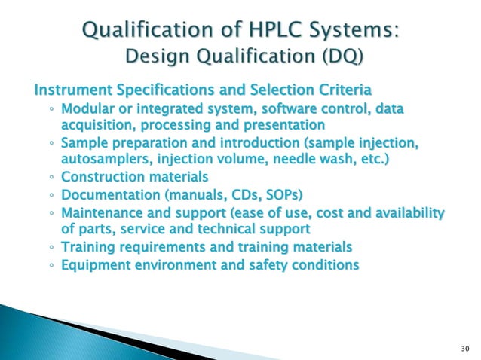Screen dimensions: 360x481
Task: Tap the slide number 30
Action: (463, 348)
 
